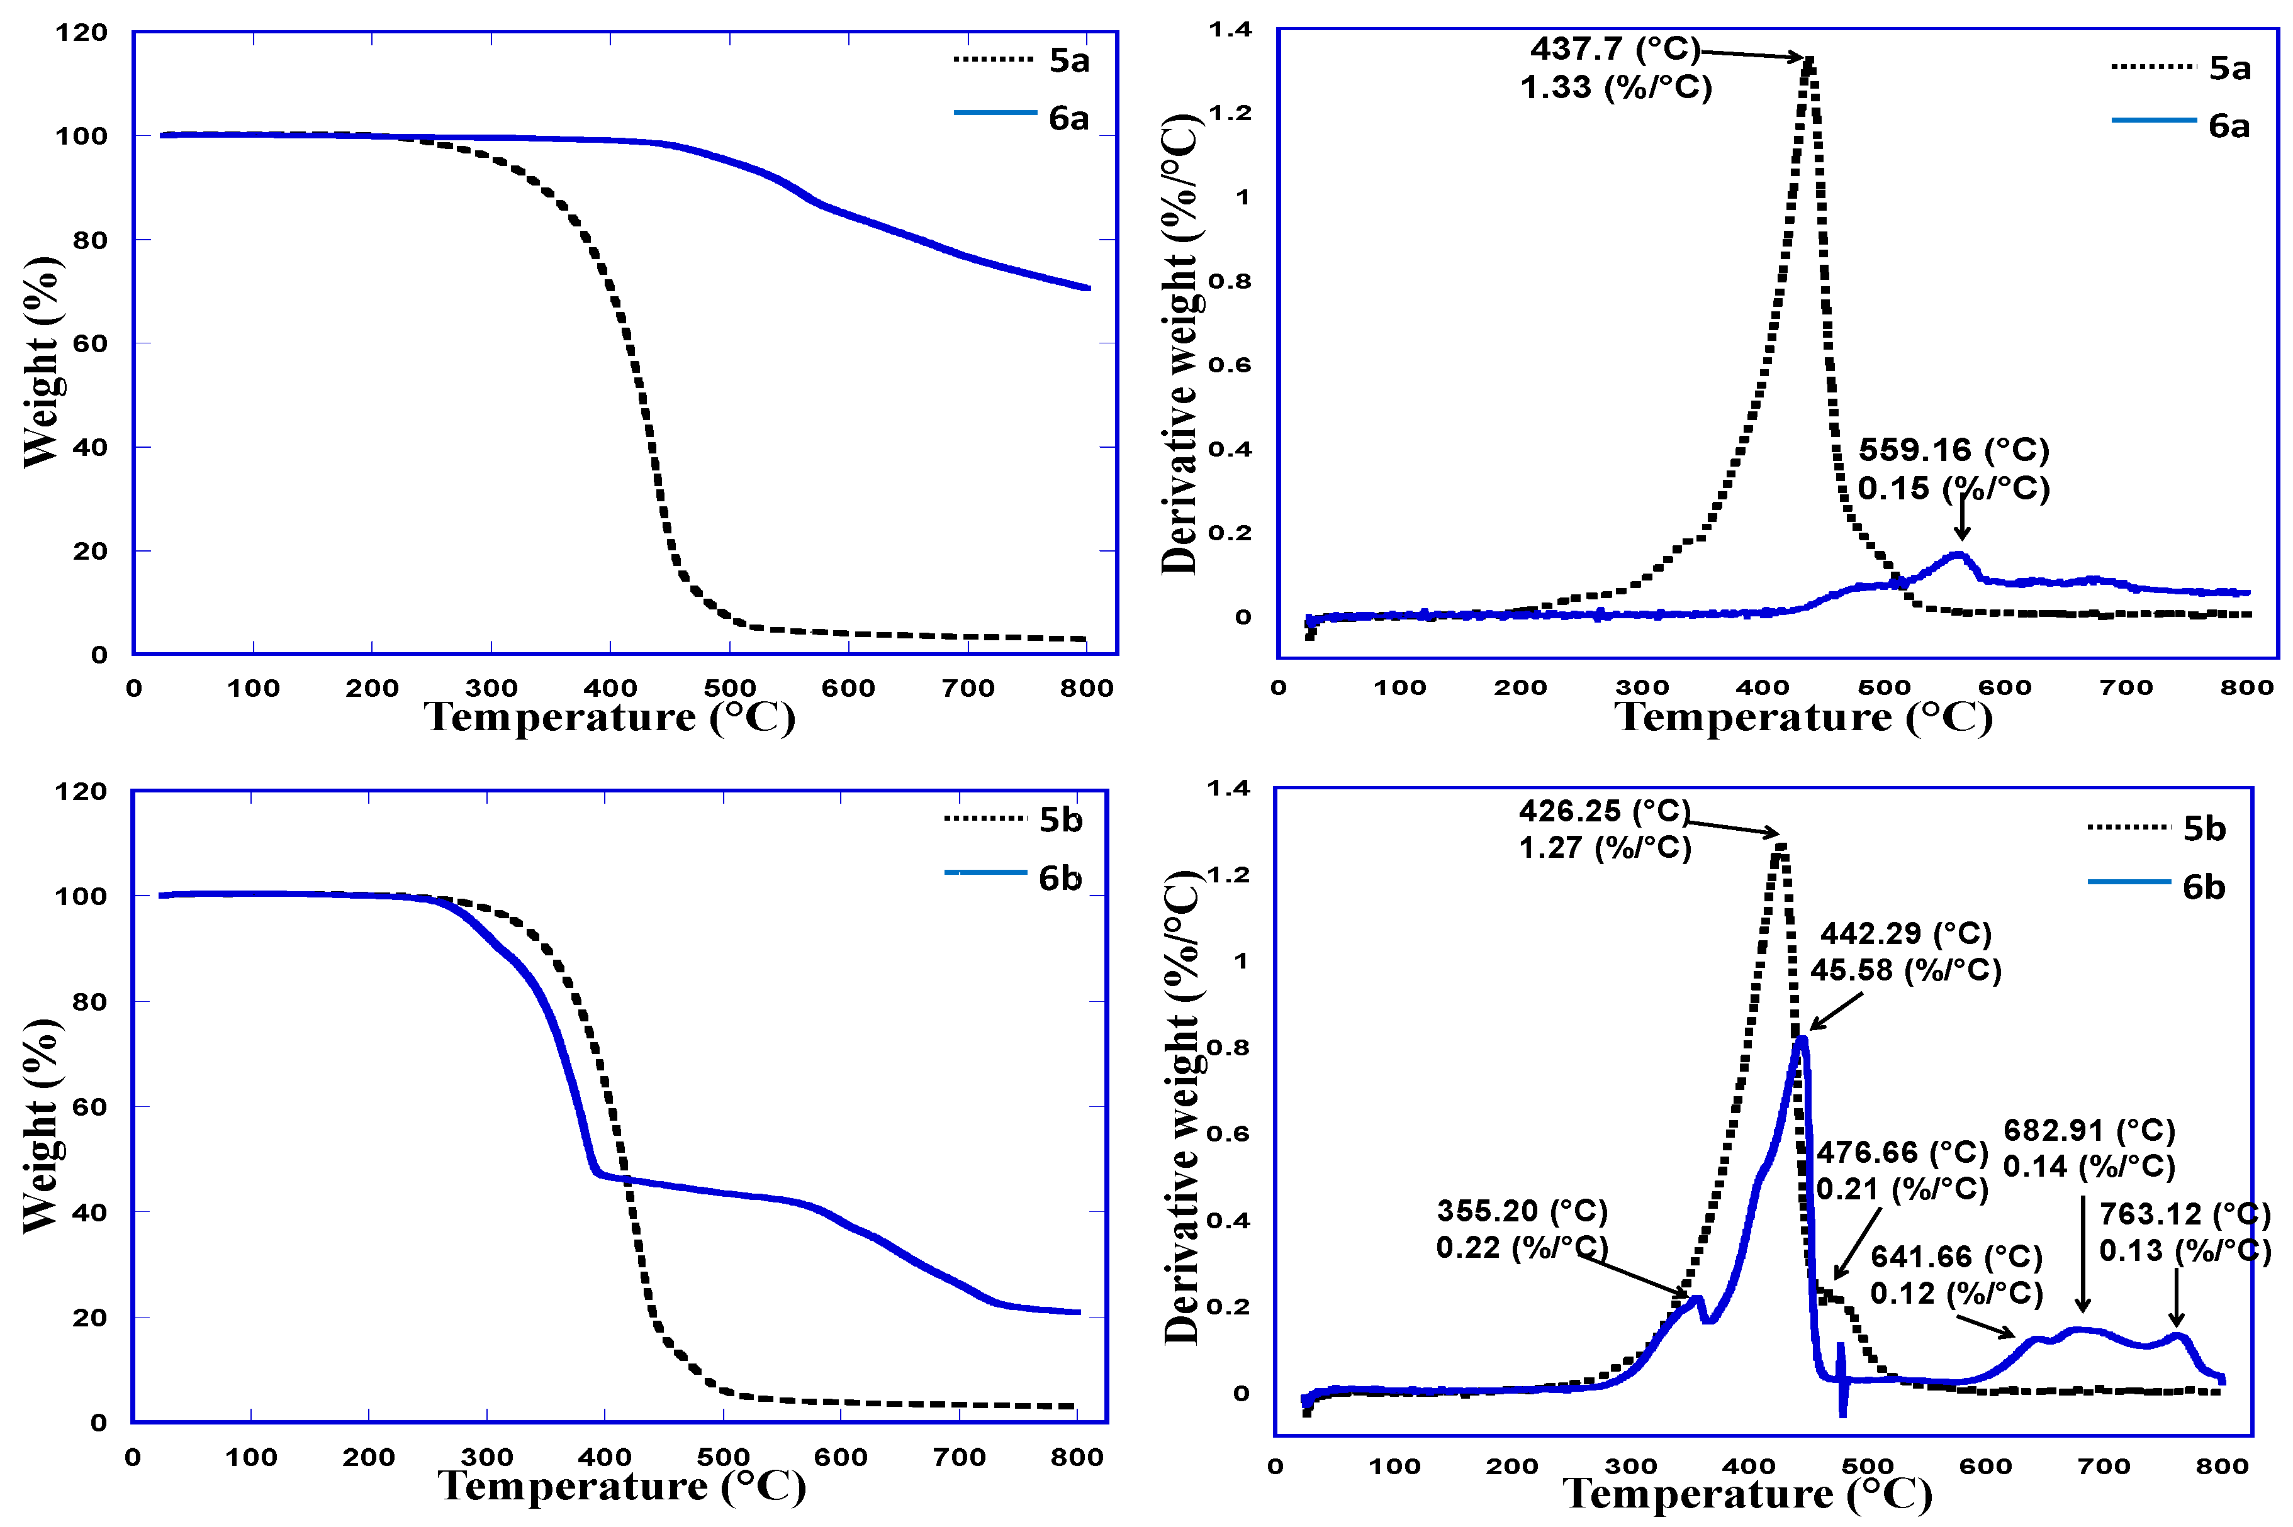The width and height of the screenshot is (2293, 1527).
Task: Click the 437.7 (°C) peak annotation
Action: click(1614, 48)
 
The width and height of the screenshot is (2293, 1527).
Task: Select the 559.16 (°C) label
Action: click(1953, 450)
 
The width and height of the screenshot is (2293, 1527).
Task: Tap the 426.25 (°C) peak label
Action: click(1603, 810)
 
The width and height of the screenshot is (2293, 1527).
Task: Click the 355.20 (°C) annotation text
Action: click(1522, 1211)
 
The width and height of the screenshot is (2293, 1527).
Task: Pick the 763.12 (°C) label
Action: click(2184, 1214)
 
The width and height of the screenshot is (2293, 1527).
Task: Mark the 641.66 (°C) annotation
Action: click(1955, 1257)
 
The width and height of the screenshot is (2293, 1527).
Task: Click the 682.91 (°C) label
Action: click(2088, 1131)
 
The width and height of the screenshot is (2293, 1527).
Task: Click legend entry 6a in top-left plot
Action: click(1068, 119)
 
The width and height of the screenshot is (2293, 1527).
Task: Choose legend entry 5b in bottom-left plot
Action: click(1060, 820)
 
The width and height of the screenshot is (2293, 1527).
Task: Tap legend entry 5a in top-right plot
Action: click(2229, 68)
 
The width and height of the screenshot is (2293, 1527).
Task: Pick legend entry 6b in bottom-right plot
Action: click(2204, 887)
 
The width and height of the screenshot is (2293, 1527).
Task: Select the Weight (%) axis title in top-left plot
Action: click(42, 362)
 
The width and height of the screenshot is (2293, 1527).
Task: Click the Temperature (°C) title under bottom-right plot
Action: click(1747, 1494)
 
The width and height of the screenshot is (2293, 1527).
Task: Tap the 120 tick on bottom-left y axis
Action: click(81, 792)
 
